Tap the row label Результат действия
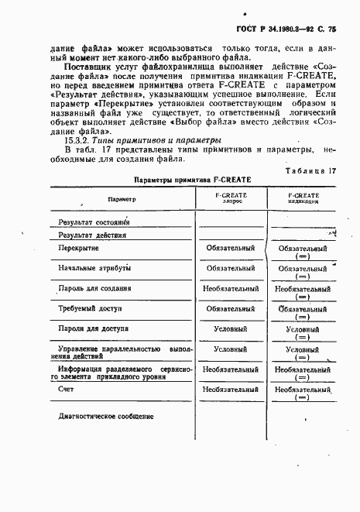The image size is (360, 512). point(92,233)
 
